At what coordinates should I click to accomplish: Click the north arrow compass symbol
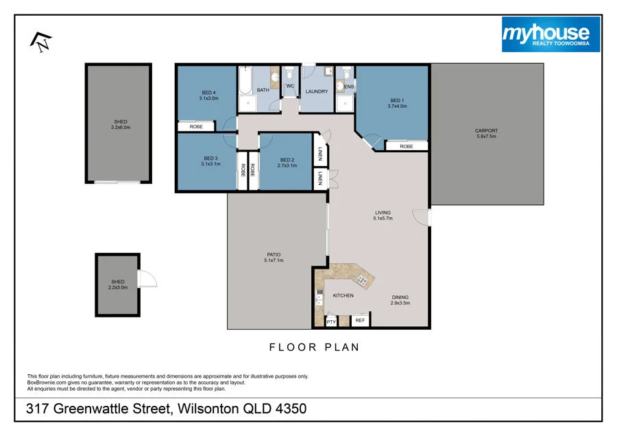(40, 41)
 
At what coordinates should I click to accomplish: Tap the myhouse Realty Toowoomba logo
(551, 34)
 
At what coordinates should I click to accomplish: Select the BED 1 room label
(397, 104)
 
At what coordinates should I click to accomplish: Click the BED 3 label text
(211, 160)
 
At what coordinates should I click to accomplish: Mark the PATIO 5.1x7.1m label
(273, 258)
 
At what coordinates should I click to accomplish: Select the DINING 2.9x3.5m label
(400, 300)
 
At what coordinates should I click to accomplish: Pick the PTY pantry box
(331, 321)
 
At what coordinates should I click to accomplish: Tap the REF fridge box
(359, 320)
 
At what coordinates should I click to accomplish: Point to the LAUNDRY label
(317, 91)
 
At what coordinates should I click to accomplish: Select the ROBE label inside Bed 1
(407, 146)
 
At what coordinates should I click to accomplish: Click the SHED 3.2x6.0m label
(120, 124)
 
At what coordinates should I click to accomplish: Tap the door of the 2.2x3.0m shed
(146, 279)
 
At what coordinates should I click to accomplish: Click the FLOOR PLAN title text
(314, 348)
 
